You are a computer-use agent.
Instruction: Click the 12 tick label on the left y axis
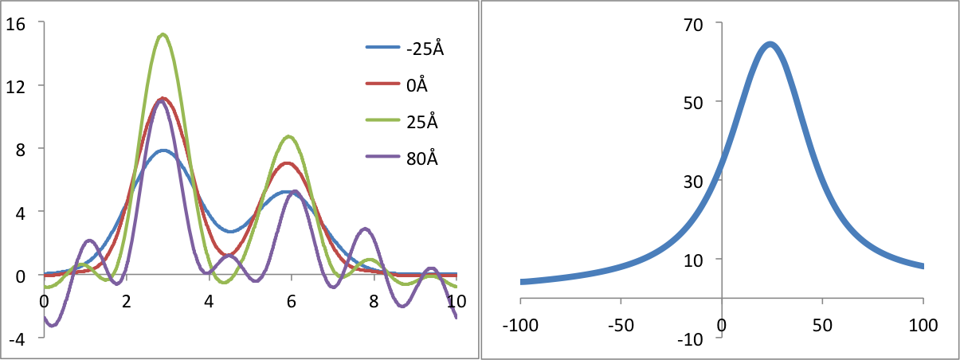(x=15, y=85)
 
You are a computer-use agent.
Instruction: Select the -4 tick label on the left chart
(x=15, y=338)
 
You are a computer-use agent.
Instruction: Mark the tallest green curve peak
(x=163, y=34)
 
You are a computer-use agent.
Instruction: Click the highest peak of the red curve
(x=163, y=99)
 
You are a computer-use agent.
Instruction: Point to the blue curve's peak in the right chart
(x=770, y=44)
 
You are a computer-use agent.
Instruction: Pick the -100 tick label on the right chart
(x=520, y=325)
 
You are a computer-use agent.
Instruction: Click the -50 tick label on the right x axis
(x=621, y=325)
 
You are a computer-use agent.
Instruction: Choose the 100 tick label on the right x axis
(x=923, y=325)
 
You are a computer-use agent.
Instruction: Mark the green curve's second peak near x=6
(x=289, y=136)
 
